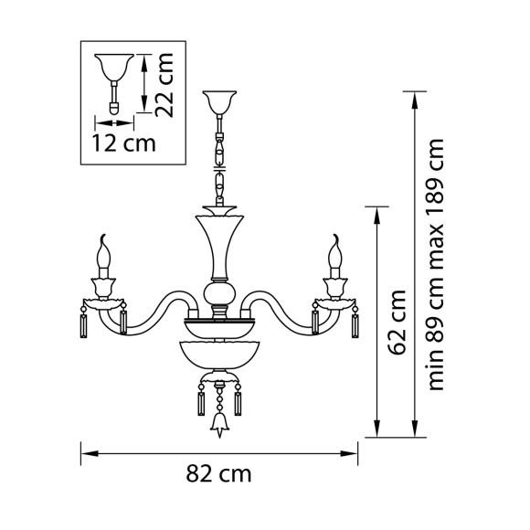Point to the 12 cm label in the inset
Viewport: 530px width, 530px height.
tap(122, 143)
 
